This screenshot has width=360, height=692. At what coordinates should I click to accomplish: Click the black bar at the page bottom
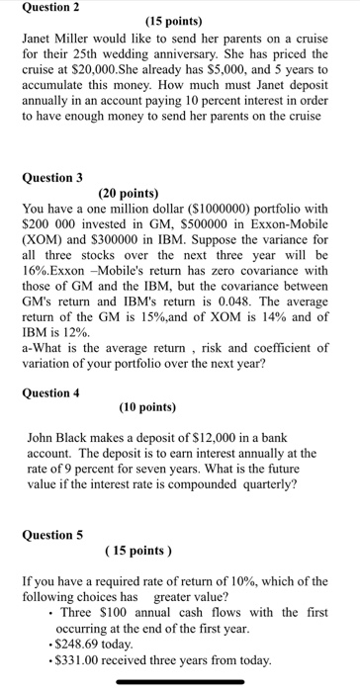click(x=179, y=681)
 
